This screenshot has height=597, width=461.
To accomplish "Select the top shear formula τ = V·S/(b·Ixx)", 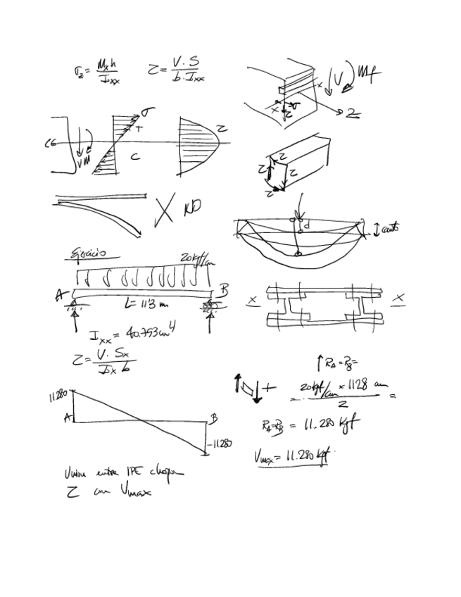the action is tap(177, 70).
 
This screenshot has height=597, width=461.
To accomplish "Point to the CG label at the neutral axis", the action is tap(50, 144).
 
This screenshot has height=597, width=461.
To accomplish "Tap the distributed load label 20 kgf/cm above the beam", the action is tap(196, 258).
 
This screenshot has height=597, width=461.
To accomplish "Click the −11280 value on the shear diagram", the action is tap(220, 444).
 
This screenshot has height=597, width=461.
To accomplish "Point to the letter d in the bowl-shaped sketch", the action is tap(306, 226).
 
